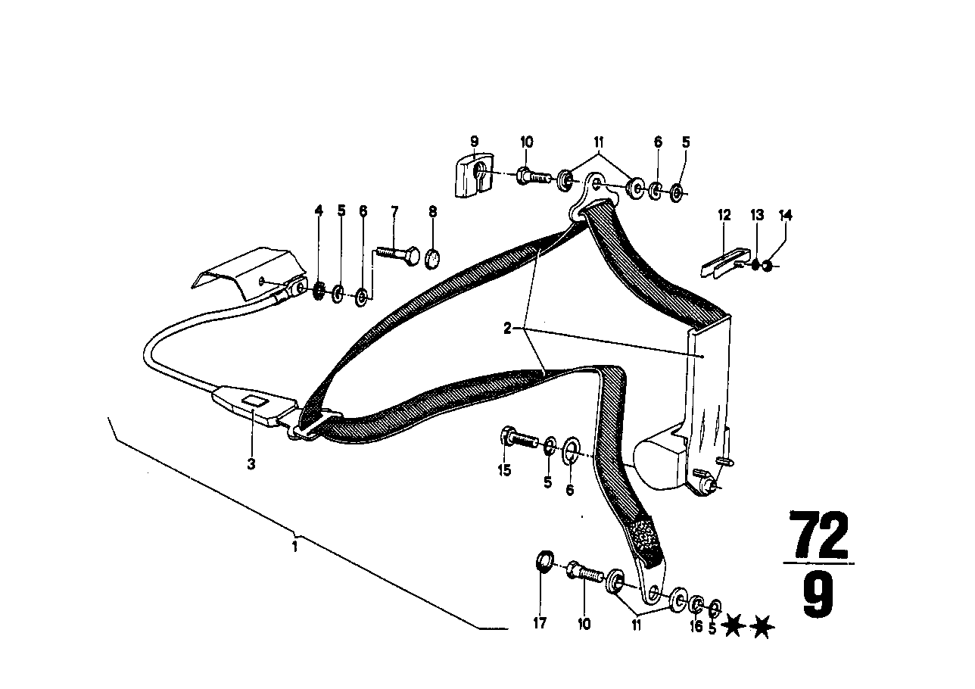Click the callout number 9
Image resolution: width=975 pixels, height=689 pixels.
point(475,141)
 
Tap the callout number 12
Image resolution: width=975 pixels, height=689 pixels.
point(724,216)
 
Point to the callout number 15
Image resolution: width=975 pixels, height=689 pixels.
point(504,470)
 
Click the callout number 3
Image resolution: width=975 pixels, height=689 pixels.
point(251,464)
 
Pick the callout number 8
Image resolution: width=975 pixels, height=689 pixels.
point(433,211)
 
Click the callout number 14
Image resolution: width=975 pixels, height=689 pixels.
point(786,216)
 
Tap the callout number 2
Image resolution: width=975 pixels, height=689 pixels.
point(507,329)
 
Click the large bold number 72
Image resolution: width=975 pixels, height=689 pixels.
point(819,535)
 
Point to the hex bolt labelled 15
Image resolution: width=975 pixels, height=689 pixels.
point(518,438)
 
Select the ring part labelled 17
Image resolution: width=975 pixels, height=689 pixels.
point(542,563)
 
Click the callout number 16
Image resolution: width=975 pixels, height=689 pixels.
point(696,626)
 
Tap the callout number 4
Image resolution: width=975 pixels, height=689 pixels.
point(319,211)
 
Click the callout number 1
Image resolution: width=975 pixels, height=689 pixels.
point(294,546)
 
